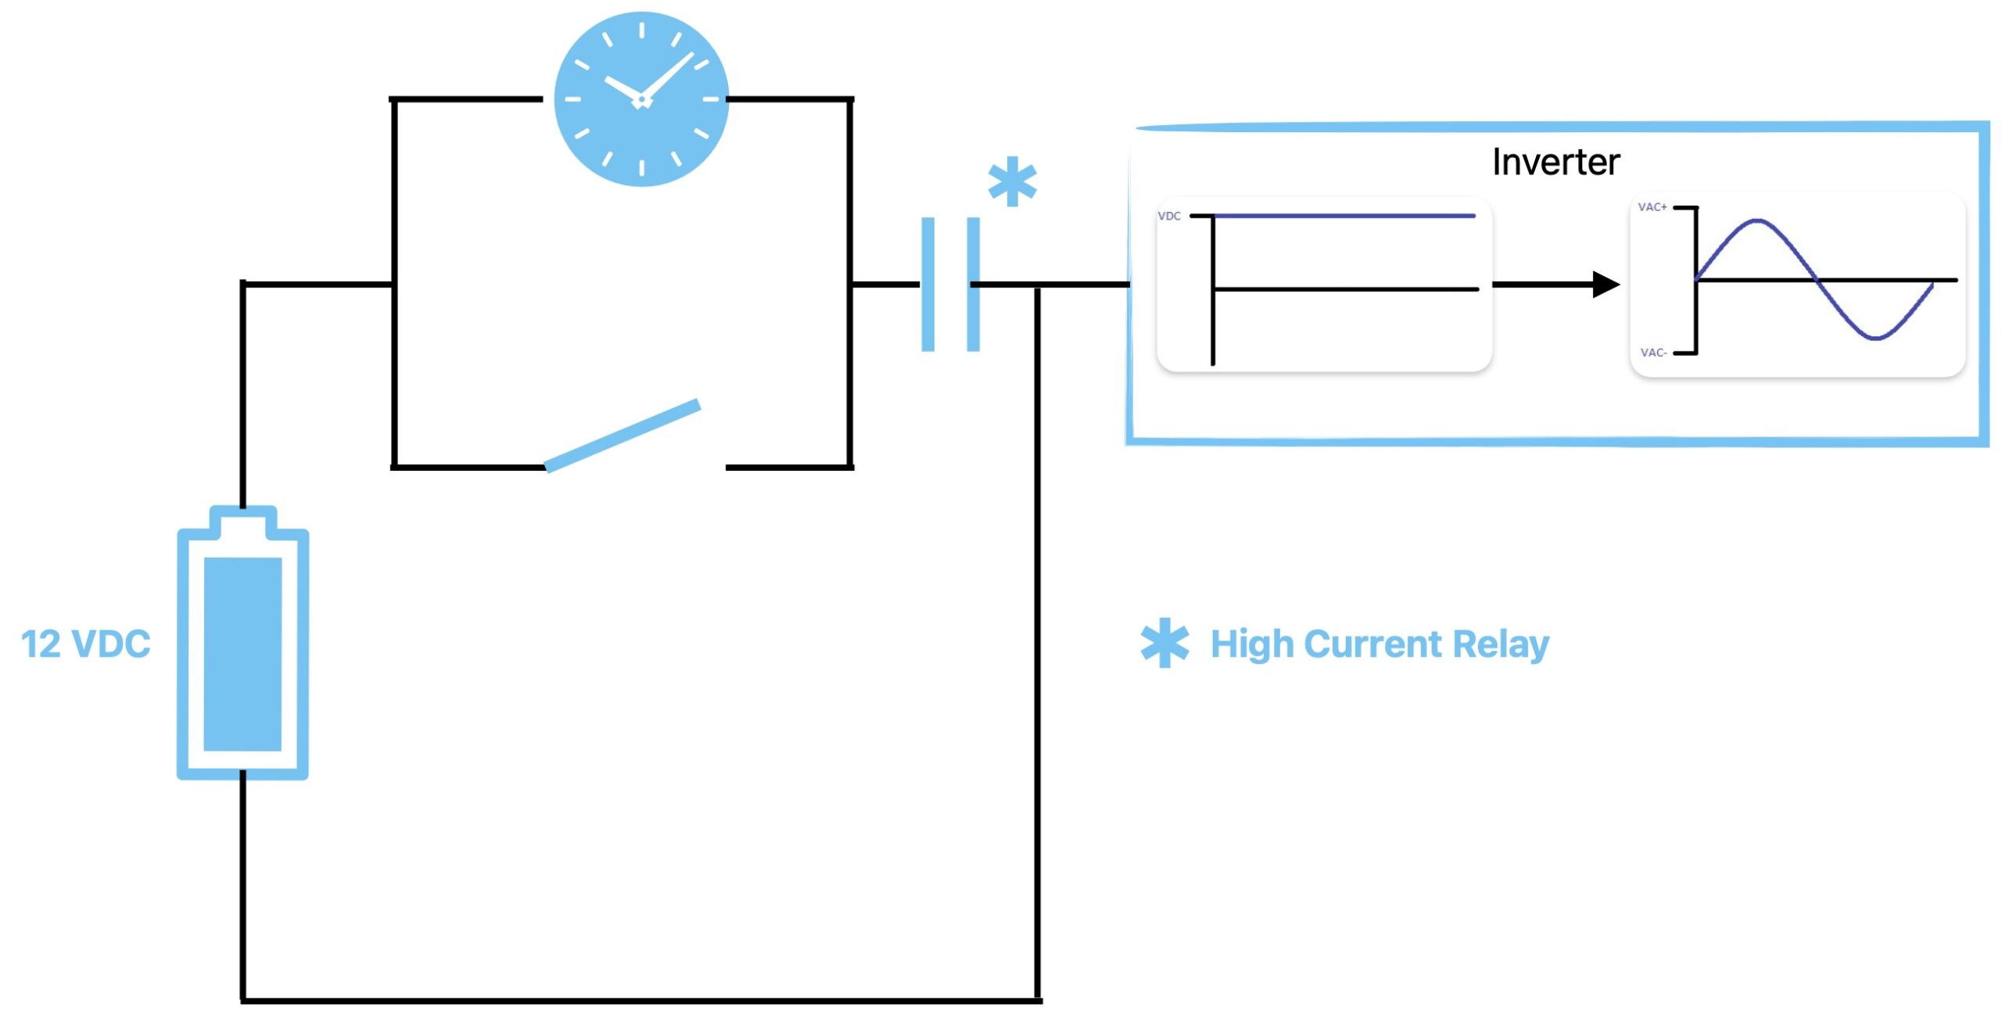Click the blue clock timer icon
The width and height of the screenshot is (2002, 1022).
tap(641, 99)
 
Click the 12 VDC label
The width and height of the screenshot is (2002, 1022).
tap(85, 644)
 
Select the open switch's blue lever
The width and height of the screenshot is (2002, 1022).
tap(622, 436)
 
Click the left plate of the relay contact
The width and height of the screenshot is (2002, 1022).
tap(927, 285)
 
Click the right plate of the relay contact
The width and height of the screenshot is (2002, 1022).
tap(973, 285)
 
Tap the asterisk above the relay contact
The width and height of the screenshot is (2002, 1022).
tap(1012, 182)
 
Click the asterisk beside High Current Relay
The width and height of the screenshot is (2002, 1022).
tap(1164, 644)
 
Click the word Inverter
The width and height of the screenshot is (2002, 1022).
tap(1555, 163)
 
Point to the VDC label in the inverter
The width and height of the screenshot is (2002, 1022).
tap(1169, 216)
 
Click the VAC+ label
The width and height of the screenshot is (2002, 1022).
tap(1652, 207)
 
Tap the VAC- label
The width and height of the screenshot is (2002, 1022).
tap(1653, 353)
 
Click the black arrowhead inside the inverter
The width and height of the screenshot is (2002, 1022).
tap(1606, 285)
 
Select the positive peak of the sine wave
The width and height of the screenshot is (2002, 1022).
tap(1757, 221)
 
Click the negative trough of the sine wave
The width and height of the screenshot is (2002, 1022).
tap(1876, 338)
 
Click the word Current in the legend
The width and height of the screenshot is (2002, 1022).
tap(1373, 644)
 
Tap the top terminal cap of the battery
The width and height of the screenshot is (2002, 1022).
tap(243, 519)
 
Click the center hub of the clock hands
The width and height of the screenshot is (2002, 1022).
tap(641, 100)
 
